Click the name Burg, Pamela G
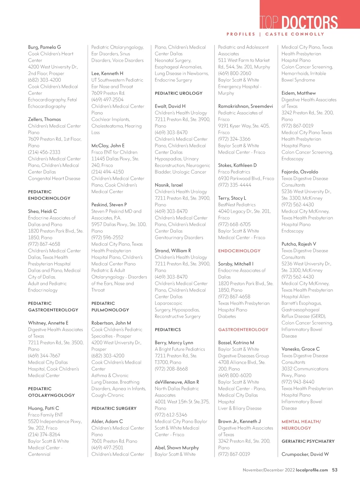(x=44, y=47)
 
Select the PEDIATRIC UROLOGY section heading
(x=178, y=93)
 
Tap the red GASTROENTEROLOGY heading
(x=243, y=329)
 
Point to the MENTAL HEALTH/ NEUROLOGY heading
(x=301, y=425)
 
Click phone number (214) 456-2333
(x=44, y=152)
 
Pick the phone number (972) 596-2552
(x=107, y=237)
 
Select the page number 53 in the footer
(x=334, y=470)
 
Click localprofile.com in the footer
(x=312, y=470)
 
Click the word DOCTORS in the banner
(x=310, y=23)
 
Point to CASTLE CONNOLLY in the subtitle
(x=295, y=34)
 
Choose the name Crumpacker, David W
(x=305, y=454)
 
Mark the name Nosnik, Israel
(x=169, y=185)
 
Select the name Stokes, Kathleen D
(x=237, y=165)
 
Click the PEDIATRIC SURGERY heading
(x=114, y=408)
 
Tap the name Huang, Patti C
(x=43, y=408)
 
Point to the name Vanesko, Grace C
(x=300, y=349)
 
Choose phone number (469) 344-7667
(x=44, y=356)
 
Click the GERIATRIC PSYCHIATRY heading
(x=308, y=441)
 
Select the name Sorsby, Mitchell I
(x=235, y=264)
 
